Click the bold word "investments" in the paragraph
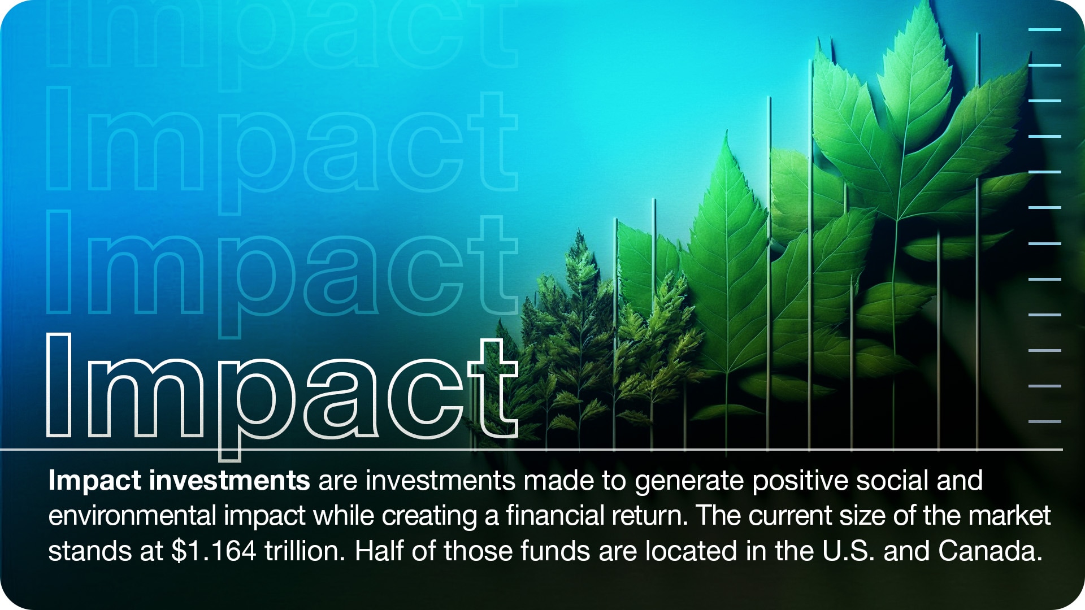(229, 481)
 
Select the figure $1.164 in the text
(214, 551)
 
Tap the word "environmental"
(132, 516)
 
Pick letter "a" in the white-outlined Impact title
(341, 398)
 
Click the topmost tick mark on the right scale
(1045, 29)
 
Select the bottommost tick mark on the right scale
(1045, 421)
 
